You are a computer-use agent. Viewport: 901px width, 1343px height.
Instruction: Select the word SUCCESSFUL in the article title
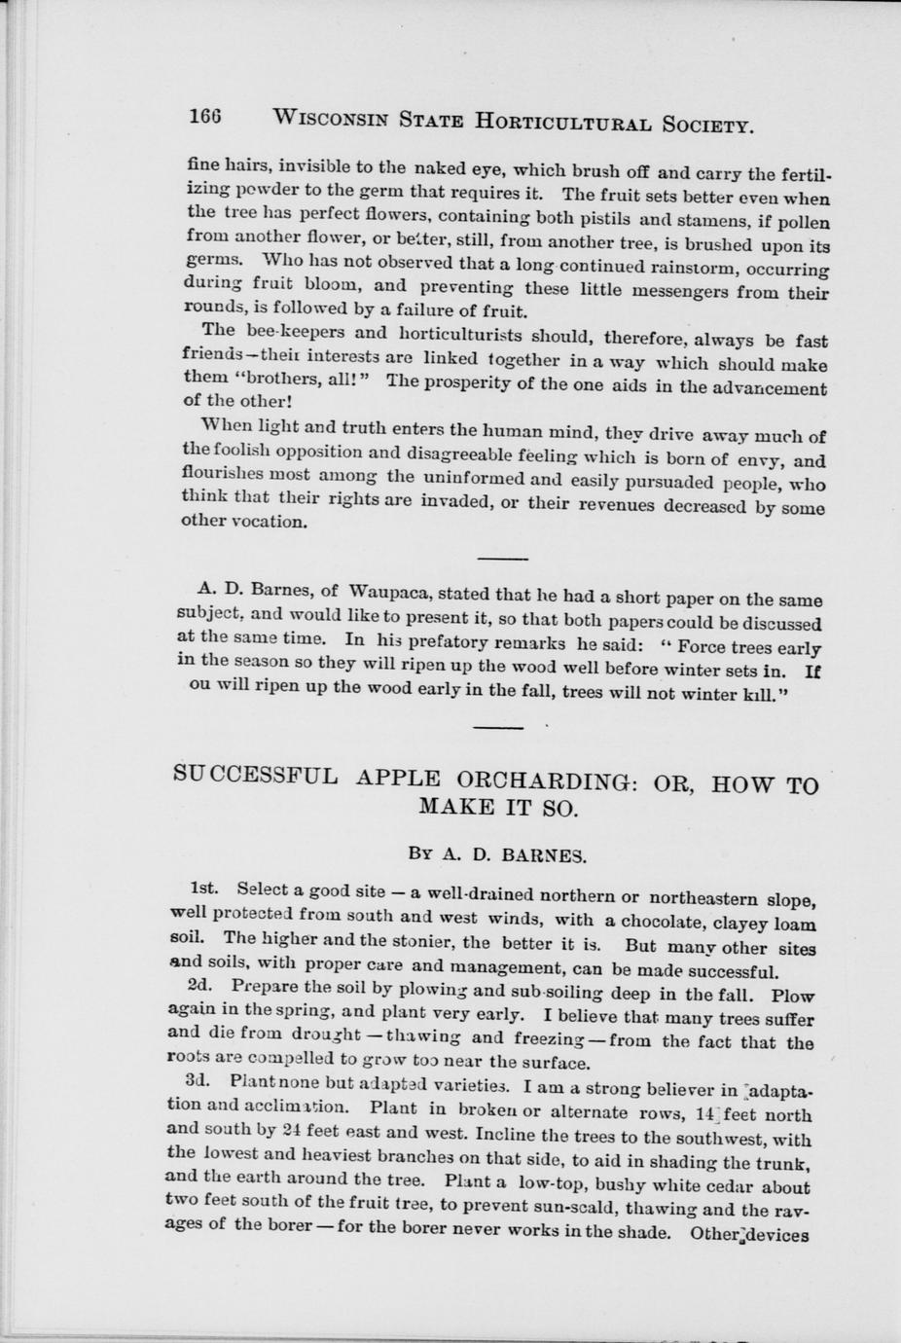pyautogui.click(x=256, y=776)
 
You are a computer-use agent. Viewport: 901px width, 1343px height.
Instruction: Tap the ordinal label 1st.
pyautogui.click(x=204, y=888)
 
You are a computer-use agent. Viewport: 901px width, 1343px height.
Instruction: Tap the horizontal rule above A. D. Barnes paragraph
pyautogui.click(x=503, y=558)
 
